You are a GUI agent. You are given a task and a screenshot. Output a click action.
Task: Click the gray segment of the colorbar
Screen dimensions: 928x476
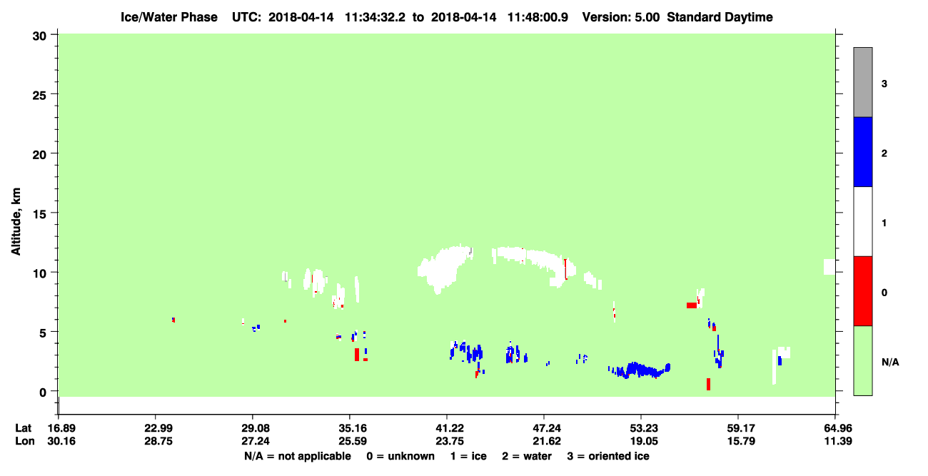click(862, 82)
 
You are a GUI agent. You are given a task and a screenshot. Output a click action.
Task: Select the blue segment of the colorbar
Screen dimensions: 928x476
click(862, 151)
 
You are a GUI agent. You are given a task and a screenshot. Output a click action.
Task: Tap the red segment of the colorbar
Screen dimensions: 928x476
click(862, 291)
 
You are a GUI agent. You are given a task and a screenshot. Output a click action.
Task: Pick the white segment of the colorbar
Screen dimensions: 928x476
click(862, 221)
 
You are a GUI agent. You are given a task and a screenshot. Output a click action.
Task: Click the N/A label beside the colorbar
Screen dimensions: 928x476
click(890, 362)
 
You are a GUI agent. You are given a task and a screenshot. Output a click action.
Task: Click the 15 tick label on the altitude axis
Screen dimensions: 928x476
click(39, 213)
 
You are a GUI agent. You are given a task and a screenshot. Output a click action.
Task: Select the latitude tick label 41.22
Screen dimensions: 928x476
click(450, 428)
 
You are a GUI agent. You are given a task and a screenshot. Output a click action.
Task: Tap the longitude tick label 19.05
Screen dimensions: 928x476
click(644, 441)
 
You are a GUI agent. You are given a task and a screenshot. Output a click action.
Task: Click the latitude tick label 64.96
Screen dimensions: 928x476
click(837, 428)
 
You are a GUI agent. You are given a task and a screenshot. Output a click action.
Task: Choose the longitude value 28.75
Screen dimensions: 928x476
click(158, 441)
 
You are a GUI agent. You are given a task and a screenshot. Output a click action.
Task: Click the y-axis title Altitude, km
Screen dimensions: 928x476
click(16, 221)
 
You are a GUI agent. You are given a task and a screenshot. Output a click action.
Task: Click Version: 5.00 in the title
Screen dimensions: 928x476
click(621, 17)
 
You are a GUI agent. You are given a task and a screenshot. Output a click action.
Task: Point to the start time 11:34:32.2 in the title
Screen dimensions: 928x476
click(375, 17)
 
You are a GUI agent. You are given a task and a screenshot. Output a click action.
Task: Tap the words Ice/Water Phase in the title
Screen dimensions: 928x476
click(169, 17)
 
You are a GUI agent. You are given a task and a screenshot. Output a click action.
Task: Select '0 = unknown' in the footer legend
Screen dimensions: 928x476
click(400, 456)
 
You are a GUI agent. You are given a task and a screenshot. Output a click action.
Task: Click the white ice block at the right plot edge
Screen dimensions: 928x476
click(829, 267)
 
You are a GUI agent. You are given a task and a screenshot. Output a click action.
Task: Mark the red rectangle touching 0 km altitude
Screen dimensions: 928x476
click(708, 384)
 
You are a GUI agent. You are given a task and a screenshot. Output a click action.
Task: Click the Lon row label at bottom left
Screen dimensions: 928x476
click(25, 441)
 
